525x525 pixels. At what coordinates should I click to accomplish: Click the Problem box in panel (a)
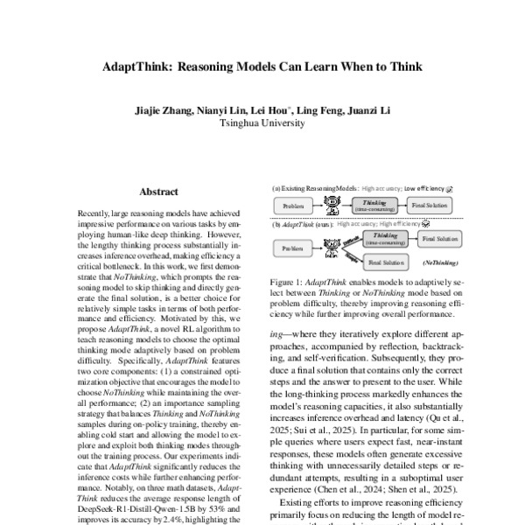point(295,206)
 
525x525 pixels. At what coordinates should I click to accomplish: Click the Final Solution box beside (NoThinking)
point(384,262)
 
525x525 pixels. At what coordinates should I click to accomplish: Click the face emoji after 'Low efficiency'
point(449,187)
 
